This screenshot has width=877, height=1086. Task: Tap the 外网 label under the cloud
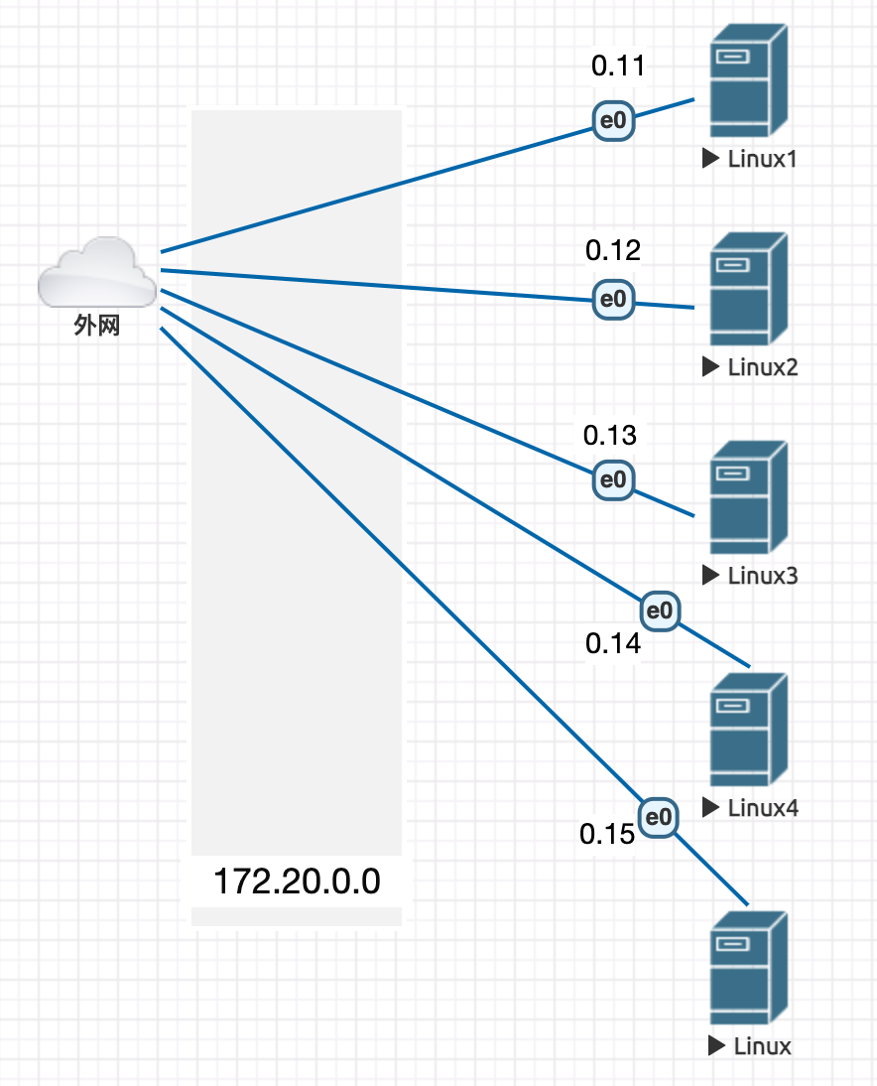coord(97,325)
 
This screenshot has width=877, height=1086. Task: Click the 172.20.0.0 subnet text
coord(297,882)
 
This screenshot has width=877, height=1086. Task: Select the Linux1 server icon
coord(749,80)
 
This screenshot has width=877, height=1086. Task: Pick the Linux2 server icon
coord(749,288)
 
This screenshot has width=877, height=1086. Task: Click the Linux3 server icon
coord(749,496)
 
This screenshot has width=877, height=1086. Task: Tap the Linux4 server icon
coord(749,730)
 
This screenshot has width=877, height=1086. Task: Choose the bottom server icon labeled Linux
coord(749,968)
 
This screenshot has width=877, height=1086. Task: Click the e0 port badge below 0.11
coord(613,120)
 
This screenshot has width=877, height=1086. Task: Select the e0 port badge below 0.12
coord(613,299)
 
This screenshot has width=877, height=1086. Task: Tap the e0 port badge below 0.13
coord(613,479)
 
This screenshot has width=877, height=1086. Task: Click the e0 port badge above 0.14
coord(659,611)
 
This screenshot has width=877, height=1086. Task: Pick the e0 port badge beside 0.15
coord(658,817)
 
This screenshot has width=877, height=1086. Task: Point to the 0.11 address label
coord(618,66)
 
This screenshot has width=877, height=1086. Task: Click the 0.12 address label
coord(613,251)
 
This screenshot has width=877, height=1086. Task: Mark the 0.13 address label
coord(610,436)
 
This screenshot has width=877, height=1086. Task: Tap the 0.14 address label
coord(613,644)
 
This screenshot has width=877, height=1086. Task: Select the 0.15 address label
coord(607,835)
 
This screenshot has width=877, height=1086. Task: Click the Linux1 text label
coord(762,159)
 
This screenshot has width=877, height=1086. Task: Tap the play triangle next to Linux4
coord(710,807)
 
